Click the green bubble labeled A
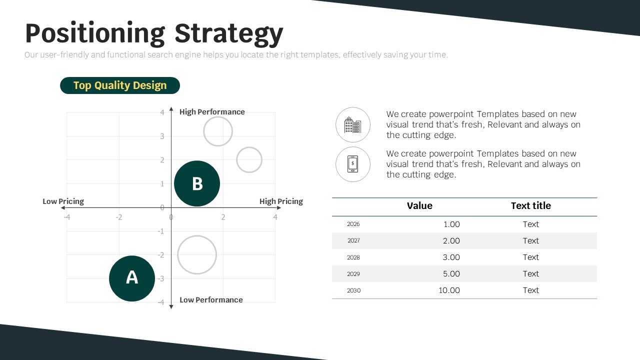132,278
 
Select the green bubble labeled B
197,183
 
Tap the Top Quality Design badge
120,85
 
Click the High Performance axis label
212,111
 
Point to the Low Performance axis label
211,299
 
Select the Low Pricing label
63,201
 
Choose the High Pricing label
281,201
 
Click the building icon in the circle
353,125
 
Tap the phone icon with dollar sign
353,164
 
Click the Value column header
419,205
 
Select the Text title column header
531,205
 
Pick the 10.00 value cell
449,290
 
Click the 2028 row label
353,257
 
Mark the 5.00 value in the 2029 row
451,273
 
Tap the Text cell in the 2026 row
531,224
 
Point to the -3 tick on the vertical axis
161,278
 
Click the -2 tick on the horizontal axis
119,217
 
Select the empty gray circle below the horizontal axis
197,235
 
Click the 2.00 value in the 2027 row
451,241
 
